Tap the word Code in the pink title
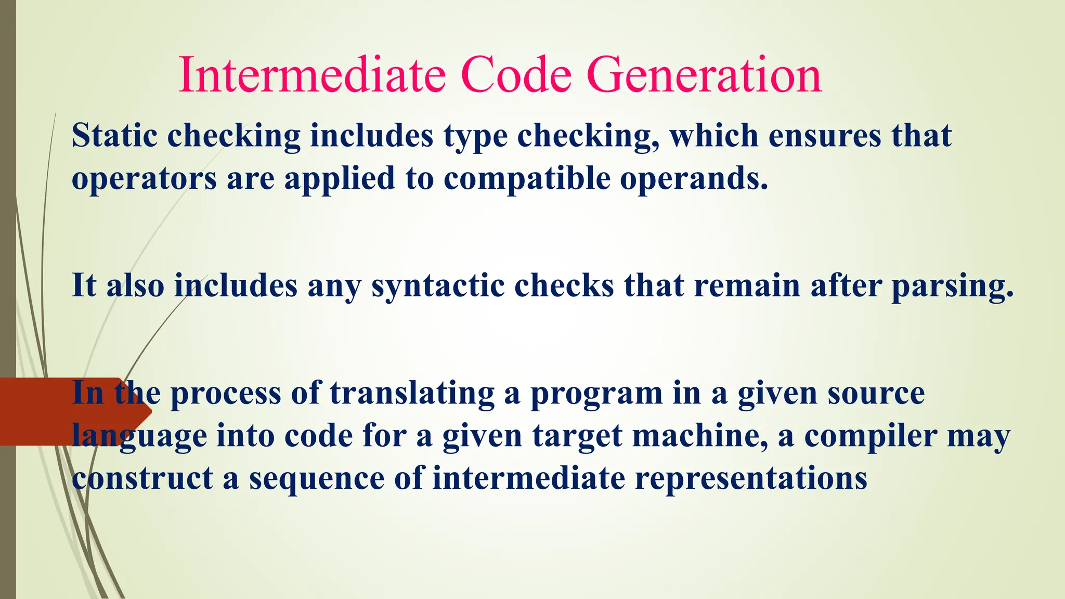coord(516,76)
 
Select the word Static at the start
coord(114,136)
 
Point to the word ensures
coord(825,136)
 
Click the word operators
coord(144,179)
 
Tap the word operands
coord(694,179)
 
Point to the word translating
coord(412,393)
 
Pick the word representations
coord(750,478)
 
